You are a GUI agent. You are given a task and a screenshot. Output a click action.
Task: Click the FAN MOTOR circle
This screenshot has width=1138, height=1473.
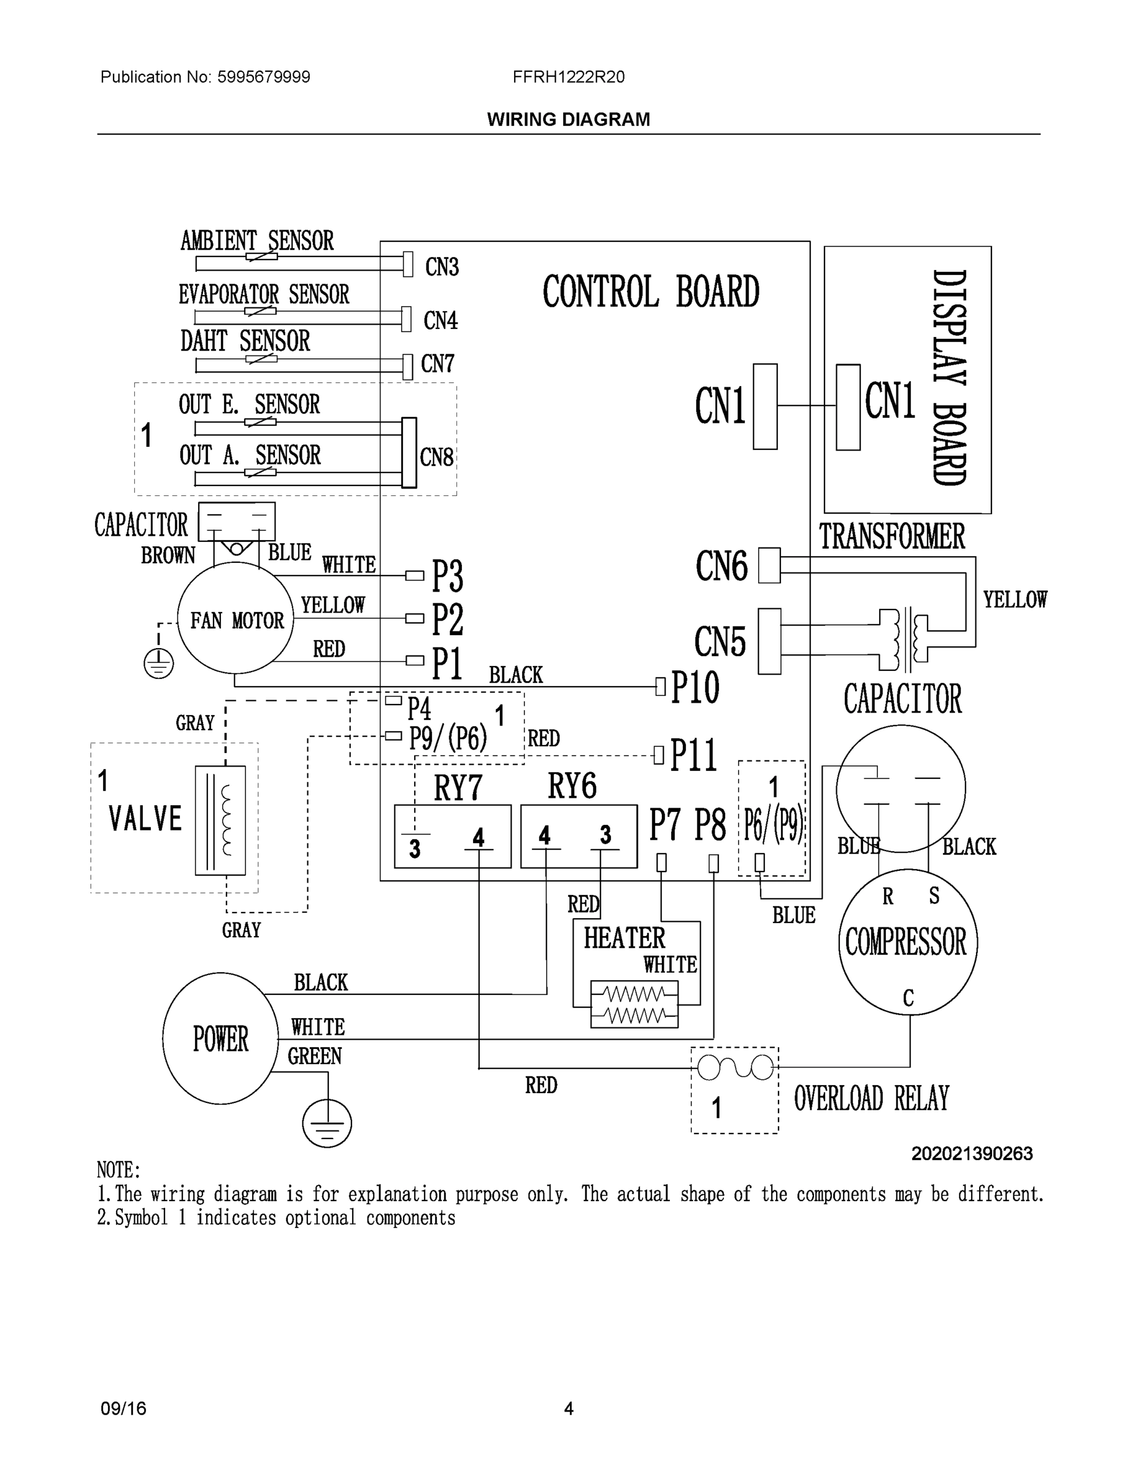pyautogui.click(x=236, y=619)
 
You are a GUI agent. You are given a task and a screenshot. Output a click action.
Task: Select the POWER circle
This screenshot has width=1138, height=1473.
pyautogui.click(x=220, y=1038)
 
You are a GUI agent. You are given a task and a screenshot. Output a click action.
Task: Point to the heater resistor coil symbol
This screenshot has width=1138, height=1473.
pyautogui.click(x=634, y=1004)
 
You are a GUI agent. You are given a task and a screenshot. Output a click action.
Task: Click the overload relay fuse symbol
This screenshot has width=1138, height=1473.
pyautogui.click(x=735, y=1068)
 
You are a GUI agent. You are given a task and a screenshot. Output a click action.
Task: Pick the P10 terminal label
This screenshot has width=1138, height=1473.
pyautogui.click(x=695, y=688)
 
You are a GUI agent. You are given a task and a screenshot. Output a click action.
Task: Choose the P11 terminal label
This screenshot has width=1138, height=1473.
pyautogui.click(x=694, y=756)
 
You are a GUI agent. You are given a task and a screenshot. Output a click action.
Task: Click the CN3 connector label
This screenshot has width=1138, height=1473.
pyautogui.click(x=442, y=267)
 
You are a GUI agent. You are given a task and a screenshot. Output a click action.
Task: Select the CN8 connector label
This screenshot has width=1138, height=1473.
pyautogui.click(x=436, y=457)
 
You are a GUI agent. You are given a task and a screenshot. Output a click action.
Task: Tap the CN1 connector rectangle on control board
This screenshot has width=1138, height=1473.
pyautogui.click(x=764, y=406)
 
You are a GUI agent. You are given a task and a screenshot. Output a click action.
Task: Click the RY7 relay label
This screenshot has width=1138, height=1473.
pyautogui.click(x=458, y=786)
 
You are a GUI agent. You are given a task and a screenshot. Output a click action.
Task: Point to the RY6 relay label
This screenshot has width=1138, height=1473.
pyautogui.click(x=572, y=786)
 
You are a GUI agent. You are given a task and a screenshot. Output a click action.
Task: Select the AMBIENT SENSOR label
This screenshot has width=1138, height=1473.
pyautogui.click(x=257, y=240)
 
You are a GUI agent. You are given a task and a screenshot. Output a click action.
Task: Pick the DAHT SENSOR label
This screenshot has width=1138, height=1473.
pyautogui.click(x=245, y=341)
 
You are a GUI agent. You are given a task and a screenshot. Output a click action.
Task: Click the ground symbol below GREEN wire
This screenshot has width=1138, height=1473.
pyautogui.click(x=327, y=1123)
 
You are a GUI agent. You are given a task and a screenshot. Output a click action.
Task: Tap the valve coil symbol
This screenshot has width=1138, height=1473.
pyautogui.click(x=220, y=820)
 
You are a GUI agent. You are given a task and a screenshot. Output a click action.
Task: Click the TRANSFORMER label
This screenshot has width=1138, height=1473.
pyautogui.click(x=891, y=537)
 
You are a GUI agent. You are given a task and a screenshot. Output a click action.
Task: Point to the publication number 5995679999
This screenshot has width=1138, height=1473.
pyautogui.click(x=263, y=77)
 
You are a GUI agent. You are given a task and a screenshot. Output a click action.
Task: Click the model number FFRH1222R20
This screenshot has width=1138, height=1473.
pyautogui.click(x=568, y=77)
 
